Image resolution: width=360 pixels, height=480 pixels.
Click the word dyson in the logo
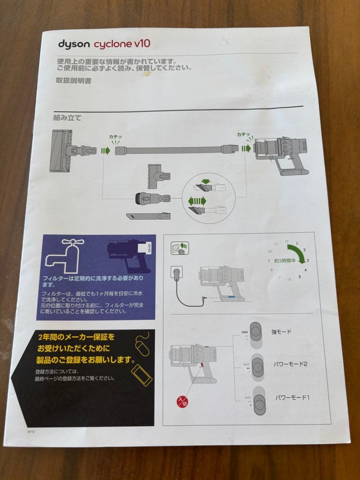73,44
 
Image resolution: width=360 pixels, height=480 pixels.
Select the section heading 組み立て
67,118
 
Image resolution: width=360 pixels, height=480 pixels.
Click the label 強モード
281,332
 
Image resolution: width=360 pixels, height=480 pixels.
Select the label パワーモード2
291,364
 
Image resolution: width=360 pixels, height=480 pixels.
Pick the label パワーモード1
292,397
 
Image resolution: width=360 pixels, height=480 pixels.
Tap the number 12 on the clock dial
286,241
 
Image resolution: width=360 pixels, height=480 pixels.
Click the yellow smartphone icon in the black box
142,375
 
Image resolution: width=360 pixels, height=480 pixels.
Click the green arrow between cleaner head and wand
105,151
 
